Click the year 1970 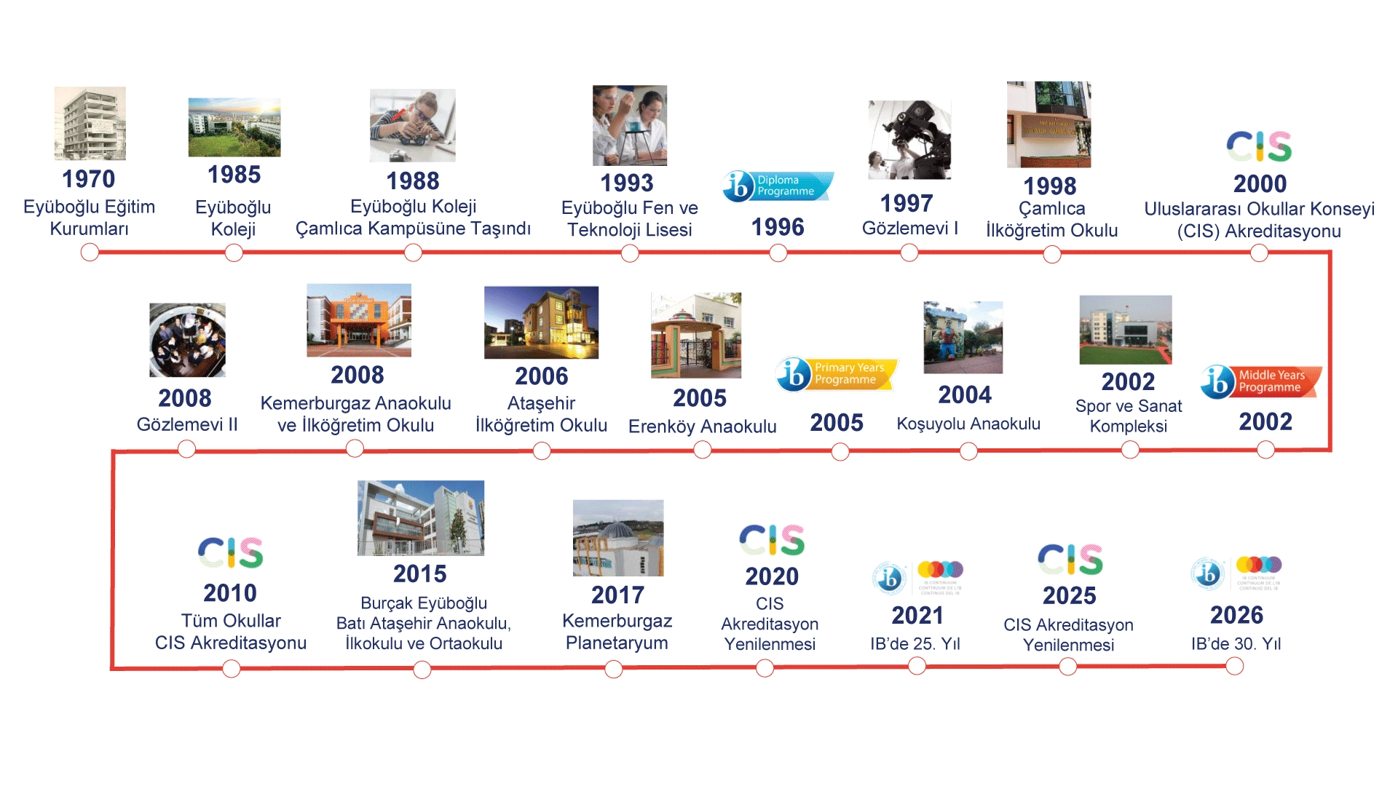click(88, 179)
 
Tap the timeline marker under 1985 click(234, 253)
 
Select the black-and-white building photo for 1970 click(90, 123)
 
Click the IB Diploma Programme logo click(778, 186)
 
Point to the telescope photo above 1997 click(909, 140)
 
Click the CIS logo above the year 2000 click(1259, 146)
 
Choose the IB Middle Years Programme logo click(1261, 381)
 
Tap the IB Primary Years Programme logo click(837, 374)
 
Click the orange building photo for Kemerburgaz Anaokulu click(358, 320)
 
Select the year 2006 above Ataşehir click(541, 376)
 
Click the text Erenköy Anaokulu click(702, 426)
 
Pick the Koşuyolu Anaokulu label click(968, 424)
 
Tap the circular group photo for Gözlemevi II click(187, 340)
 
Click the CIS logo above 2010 click(230, 553)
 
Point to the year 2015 click(419, 573)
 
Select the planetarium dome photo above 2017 click(618, 538)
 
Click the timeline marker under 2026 click(1234, 666)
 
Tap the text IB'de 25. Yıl click(915, 644)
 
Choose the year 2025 click(1069, 596)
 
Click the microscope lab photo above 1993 click(629, 125)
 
